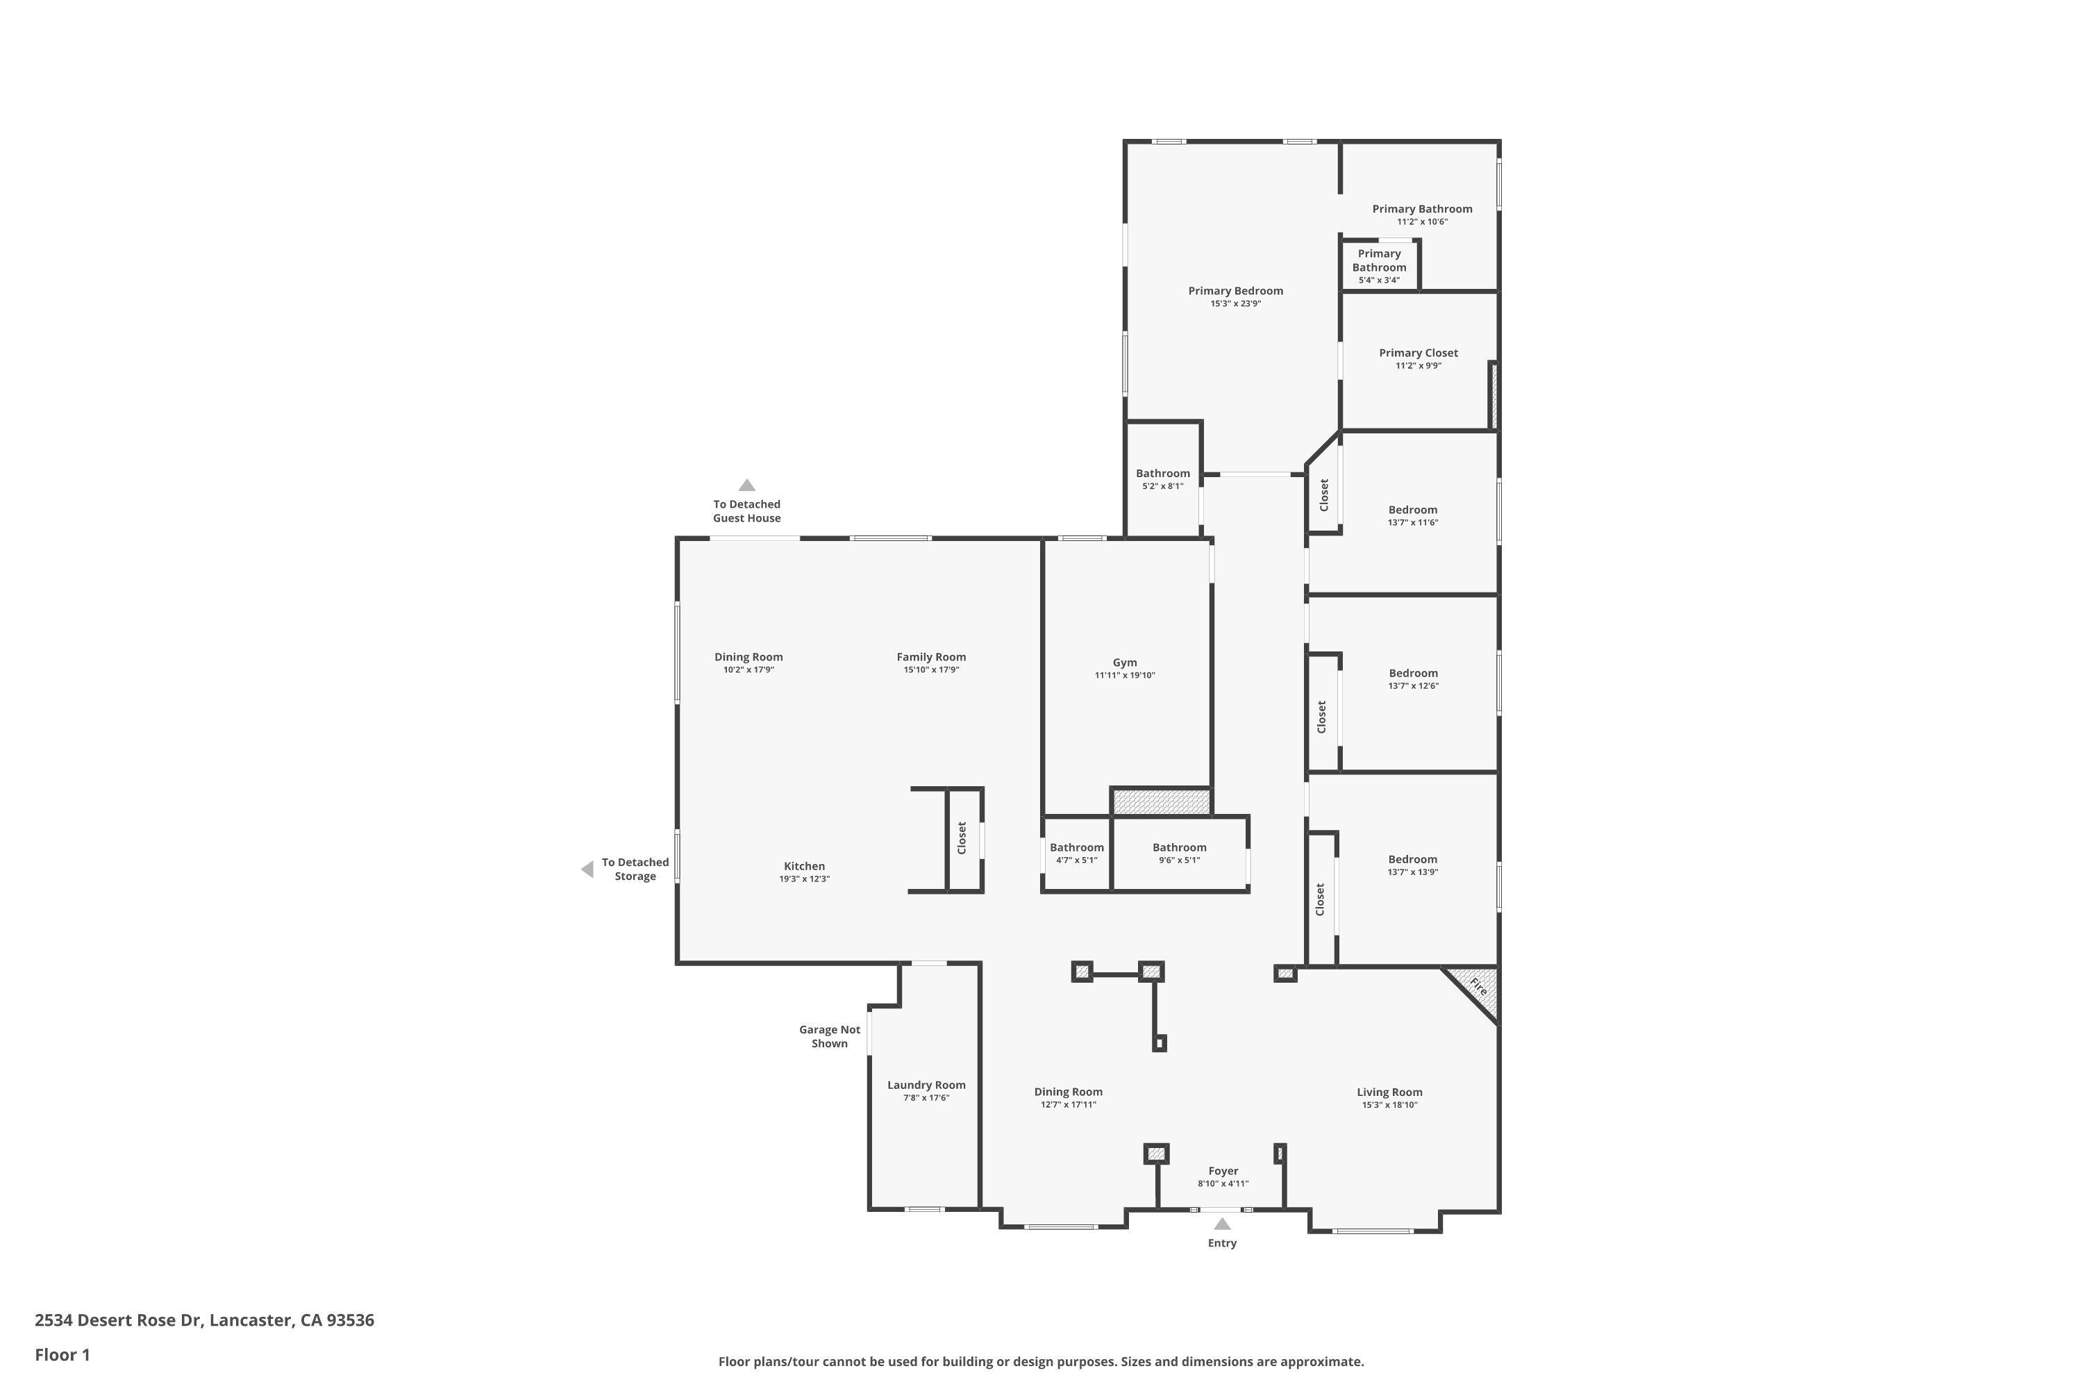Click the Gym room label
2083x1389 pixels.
[1125, 663]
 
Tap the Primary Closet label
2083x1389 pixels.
[1418, 353]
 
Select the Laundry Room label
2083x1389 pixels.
[926, 1085]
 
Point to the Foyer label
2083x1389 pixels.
[1223, 1171]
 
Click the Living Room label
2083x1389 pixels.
[1389, 1092]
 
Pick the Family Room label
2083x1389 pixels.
[931, 657]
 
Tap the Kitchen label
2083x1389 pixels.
[804, 866]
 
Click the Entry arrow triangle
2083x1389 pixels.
[1222, 1224]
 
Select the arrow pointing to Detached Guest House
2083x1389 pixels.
[746, 485]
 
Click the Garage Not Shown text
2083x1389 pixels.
[830, 1036]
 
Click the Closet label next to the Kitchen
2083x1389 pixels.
[962, 838]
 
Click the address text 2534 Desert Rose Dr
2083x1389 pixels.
[119, 1320]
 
